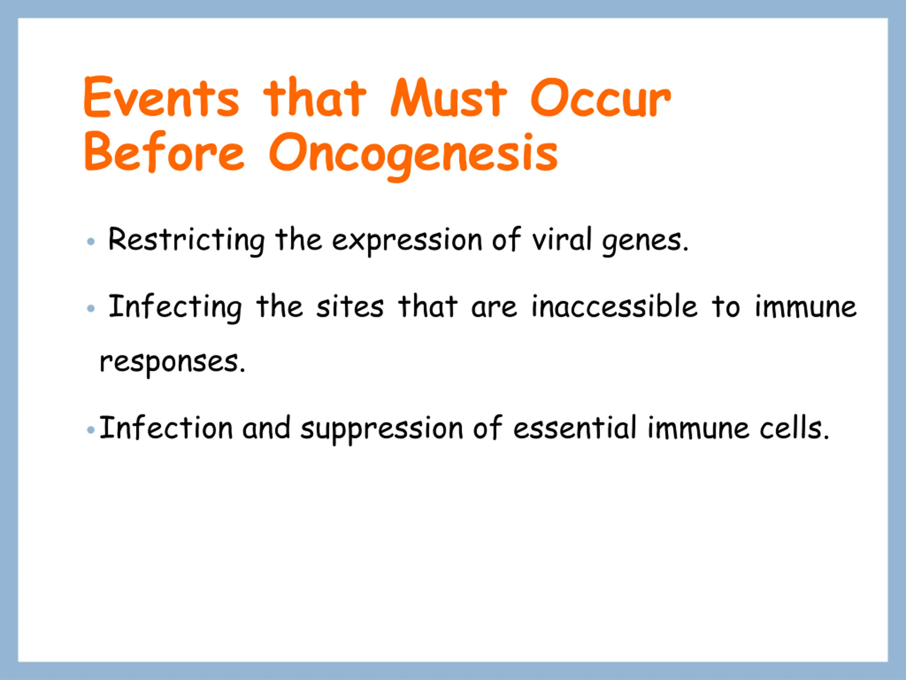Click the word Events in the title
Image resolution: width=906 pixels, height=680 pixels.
click(161, 97)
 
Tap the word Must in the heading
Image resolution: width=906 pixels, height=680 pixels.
click(449, 97)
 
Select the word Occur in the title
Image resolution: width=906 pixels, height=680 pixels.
click(601, 97)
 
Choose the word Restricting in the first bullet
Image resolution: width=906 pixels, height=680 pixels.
click(187, 240)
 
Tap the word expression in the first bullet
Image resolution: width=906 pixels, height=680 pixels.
click(407, 242)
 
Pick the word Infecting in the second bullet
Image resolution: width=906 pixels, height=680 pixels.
click(175, 307)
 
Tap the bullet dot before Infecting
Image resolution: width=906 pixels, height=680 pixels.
click(91, 308)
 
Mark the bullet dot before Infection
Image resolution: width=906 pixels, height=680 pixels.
click(91, 430)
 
